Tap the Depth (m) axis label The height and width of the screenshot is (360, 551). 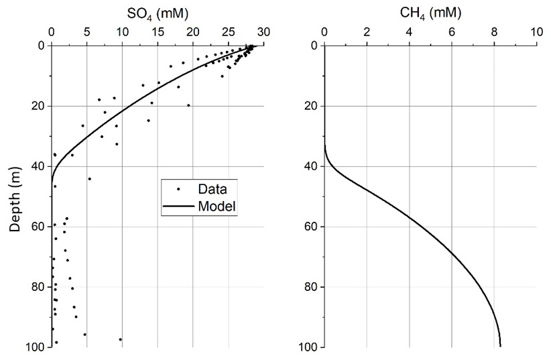coord(15,196)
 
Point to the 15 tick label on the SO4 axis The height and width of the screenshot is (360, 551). coord(158,32)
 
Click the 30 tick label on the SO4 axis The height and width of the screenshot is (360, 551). coord(263,32)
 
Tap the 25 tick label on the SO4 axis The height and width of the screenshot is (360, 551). coord(228,32)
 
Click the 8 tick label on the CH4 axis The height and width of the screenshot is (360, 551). coord(494,32)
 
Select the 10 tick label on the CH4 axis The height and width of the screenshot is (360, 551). coord(536,32)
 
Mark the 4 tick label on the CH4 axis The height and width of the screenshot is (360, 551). coord(409,32)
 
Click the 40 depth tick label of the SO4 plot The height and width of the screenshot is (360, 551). coord(38,166)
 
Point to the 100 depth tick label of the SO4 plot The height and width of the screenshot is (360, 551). coord(36,347)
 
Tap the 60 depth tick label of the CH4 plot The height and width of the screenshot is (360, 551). coord(310,227)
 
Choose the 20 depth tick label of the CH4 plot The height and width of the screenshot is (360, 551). coord(310,106)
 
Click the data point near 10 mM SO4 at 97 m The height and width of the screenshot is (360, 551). coord(121,339)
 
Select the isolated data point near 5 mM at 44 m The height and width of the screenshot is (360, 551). coord(89,178)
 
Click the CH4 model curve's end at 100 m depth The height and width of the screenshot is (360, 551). coord(500,345)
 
